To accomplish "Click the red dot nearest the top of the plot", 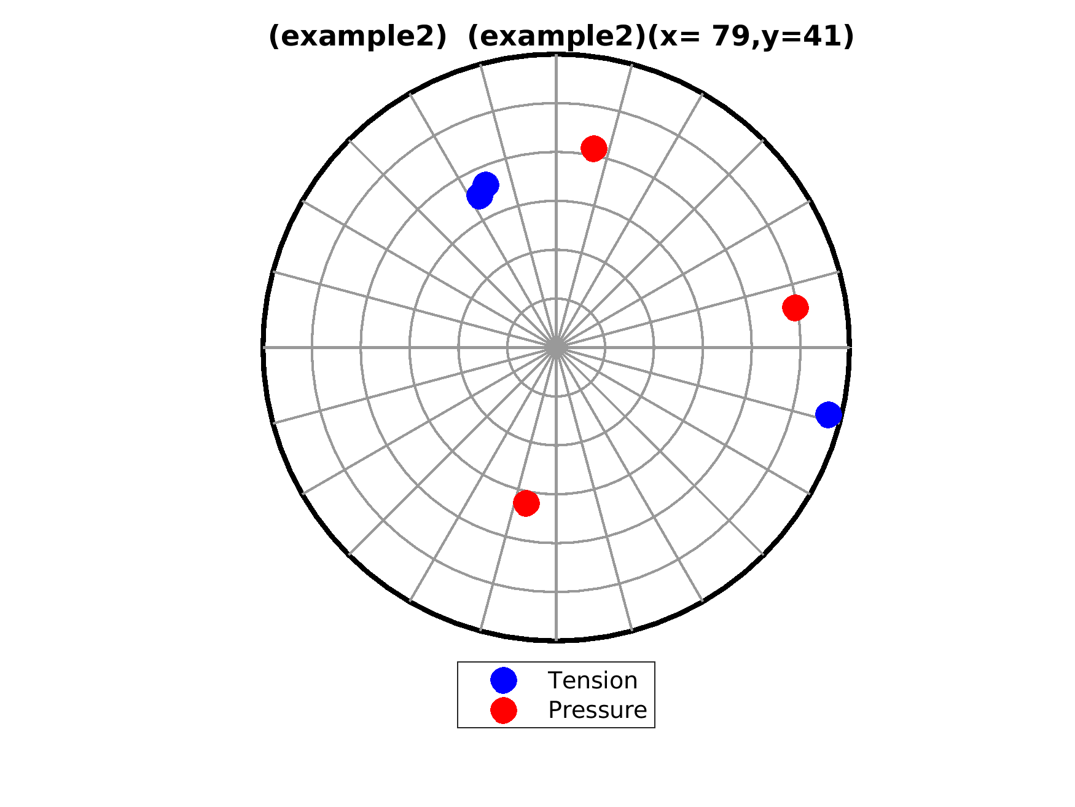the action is tap(594, 149).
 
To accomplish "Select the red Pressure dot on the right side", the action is tap(795, 307).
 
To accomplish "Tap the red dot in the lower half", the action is tap(526, 503).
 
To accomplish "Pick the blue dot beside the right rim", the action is tap(829, 415).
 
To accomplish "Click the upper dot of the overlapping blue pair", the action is tap(486, 184).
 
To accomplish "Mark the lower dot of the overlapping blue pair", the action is tap(479, 196).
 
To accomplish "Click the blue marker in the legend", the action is tap(504, 680).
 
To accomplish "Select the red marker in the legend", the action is tap(504, 710).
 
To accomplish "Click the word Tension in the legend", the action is tap(593, 680).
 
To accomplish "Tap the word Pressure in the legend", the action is tap(598, 710).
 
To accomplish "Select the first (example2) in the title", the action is tap(358, 37).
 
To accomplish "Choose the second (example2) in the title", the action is tap(557, 37).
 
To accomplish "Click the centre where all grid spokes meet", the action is tap(556, 347).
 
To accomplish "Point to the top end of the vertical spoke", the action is tap(556, 55).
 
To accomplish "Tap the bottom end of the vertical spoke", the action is tap(556, 640).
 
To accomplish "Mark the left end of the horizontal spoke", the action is tap(264, 347).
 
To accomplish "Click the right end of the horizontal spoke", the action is tap(850, 347).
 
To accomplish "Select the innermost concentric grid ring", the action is tap(556, 299).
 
